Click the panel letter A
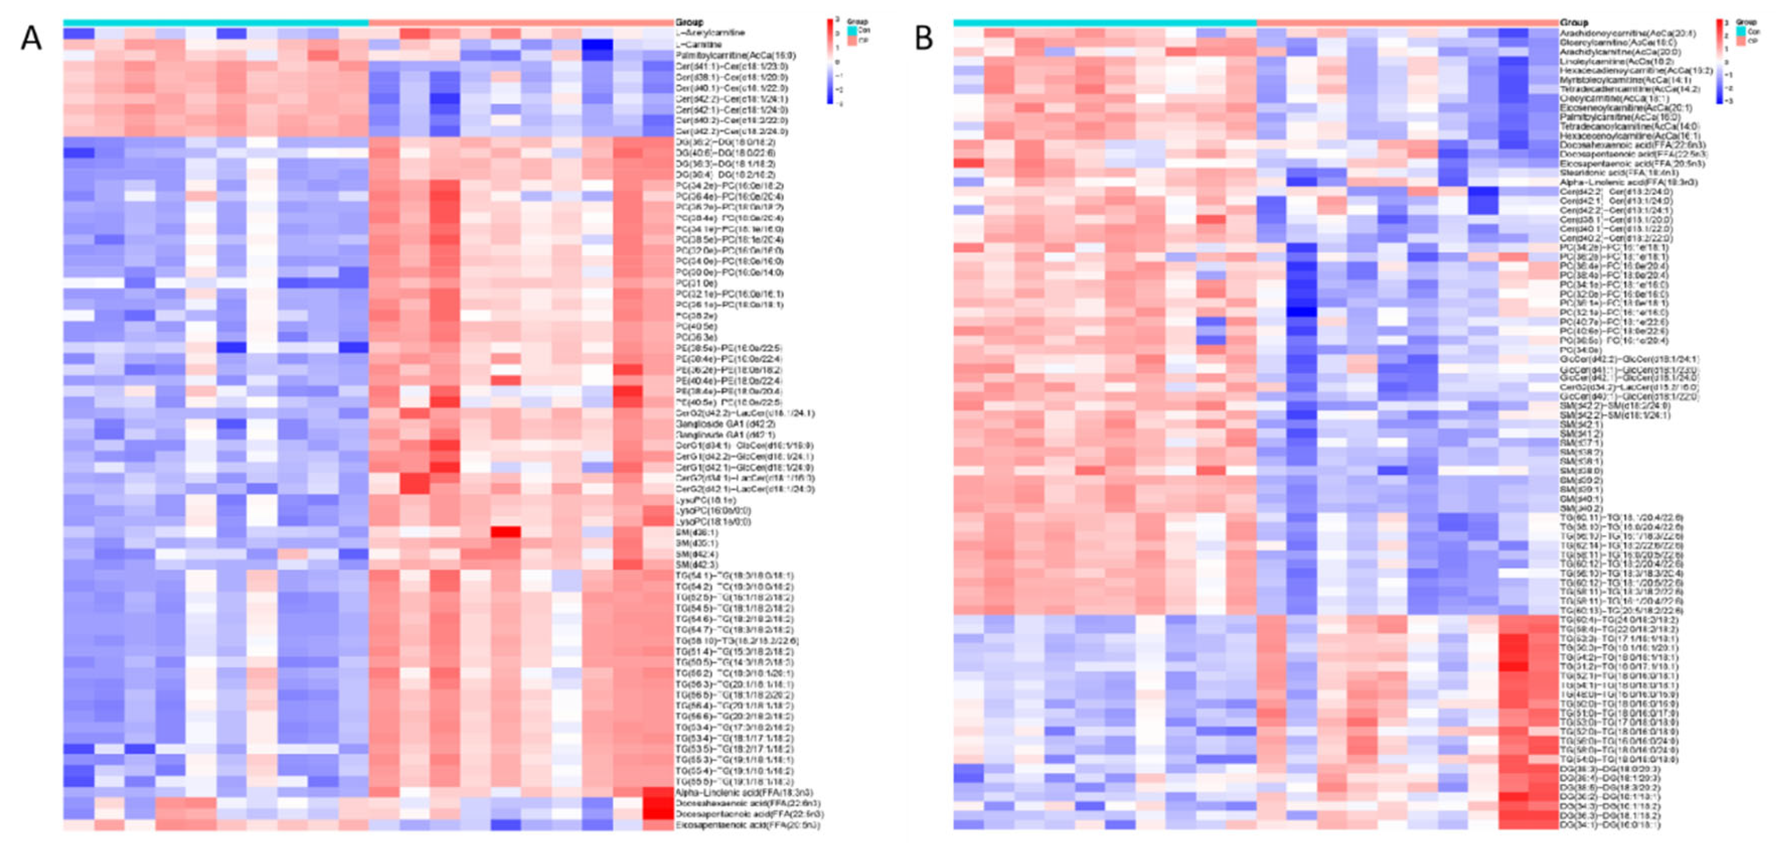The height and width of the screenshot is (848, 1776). click(30, 38)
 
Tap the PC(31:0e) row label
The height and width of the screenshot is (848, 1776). click(696, 283)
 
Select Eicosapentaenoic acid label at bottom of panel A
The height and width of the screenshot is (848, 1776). click(748, 824)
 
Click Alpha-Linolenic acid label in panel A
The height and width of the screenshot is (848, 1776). click(744, 793)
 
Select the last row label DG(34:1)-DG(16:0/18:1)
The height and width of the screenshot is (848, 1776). click(1610, 824)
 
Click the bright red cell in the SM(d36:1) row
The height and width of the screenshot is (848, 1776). click(505, 532)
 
